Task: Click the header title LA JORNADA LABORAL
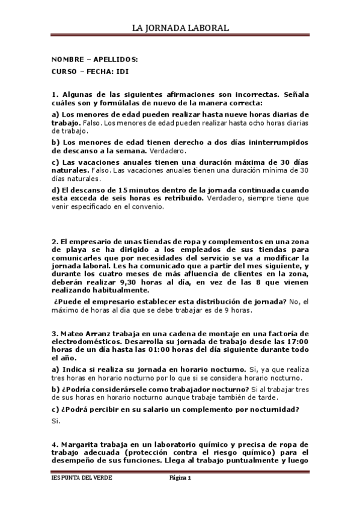(180, 28)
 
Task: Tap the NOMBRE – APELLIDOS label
(94, 60)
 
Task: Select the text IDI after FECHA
(122, 71)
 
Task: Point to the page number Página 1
(179, 478)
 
